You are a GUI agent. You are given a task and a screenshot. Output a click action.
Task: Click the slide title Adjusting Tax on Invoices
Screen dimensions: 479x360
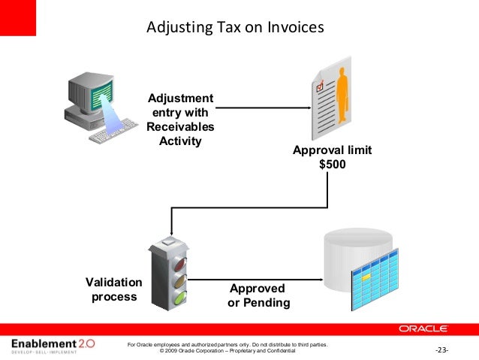click(x=234, y=28)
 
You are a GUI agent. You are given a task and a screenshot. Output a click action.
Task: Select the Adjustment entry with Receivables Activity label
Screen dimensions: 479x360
click(x=180, y=119)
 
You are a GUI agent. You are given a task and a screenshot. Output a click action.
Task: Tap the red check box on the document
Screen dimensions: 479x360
click(x=320, y=86)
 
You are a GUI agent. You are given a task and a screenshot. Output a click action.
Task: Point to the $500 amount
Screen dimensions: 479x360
click(x=333, y=165)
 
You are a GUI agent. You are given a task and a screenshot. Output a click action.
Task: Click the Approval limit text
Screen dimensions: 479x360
click(x=333, y=150)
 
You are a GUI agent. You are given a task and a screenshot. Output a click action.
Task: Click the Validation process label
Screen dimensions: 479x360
click(x=113, y=289)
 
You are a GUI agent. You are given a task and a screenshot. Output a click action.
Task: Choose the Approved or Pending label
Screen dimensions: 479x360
click(x=258, y=296)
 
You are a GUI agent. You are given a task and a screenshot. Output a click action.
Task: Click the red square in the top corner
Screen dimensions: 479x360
click(x=17, y=17)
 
